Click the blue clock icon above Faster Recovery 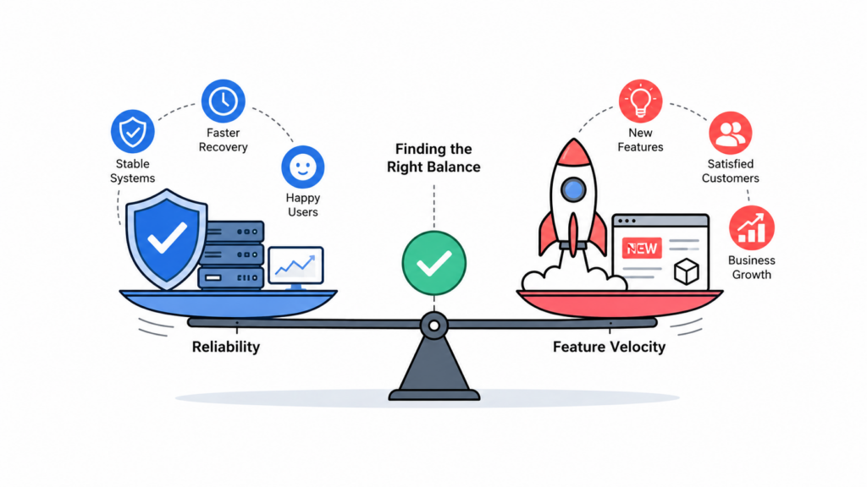click(x=223, y=101)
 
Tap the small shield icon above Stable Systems click(x=133, y=131)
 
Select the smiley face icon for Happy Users click(x=302, y=167)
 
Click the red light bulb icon click(x=640, y=101)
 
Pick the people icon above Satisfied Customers click(x=731, y=133)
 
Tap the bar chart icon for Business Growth click(x=752, y=228)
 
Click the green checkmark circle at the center click(x=434, y=263)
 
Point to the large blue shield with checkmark click(x=167, y=239)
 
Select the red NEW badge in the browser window click(x=642, y=249)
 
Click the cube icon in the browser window click(x=686, y=271)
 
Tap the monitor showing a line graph click(x=295, y=268)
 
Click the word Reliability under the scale click(x=225, y=347)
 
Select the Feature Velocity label click(x=609, y=347)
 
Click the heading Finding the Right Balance click(x=433, y=158)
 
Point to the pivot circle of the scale click(x=434, y=326)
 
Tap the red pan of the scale click(x=619, y=304)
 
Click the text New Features click(x=640, y=140)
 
